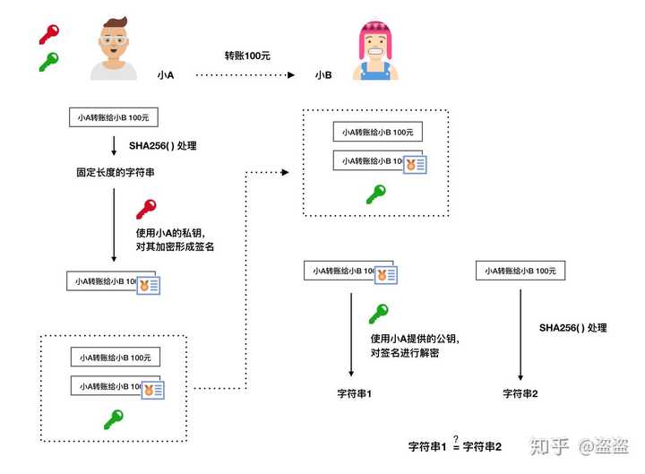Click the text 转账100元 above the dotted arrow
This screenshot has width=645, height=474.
[x=247, y=56]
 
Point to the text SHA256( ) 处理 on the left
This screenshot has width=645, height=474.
[x=162, y=145]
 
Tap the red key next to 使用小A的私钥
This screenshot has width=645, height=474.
[x=146, y=210]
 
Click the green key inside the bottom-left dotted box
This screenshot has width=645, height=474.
[x=113, y=418]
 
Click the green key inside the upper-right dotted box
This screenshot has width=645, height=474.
[x=375, y=194]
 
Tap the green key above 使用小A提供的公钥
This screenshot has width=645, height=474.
[x=378, y=315]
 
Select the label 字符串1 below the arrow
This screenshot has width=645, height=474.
[x=354, y=393]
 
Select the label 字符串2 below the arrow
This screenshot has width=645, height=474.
[x=520, y=393]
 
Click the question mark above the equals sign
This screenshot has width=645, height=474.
[x=456, y=437]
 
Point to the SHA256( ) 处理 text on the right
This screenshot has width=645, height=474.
[x=572, y=328]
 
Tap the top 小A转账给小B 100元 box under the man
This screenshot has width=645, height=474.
[x=114, y=117]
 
